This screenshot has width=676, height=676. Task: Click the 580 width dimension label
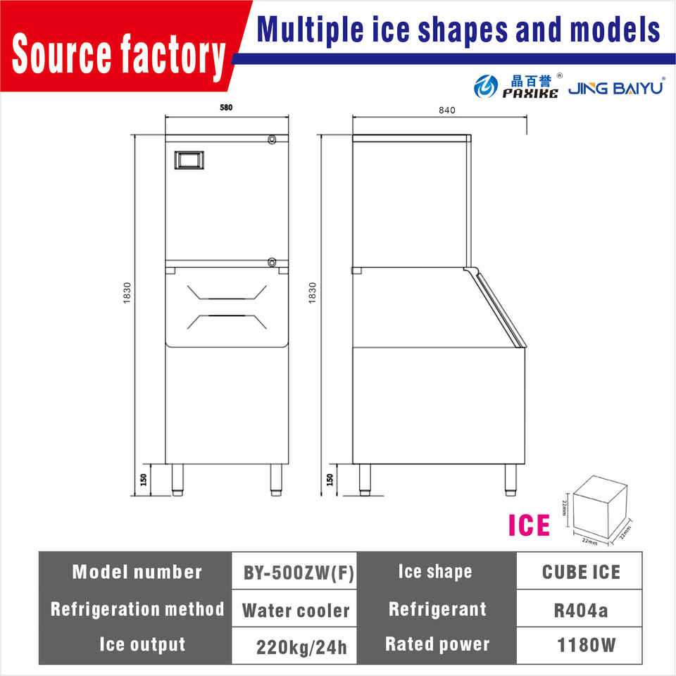coord(226,108)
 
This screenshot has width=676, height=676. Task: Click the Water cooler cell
coord(296,610)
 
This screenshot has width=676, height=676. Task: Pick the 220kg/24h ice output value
coord(302,646)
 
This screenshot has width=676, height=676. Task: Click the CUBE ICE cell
coord(581,572)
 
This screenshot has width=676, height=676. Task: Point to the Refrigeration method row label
coord(137,609)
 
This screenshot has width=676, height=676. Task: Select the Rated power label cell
coord(437,644)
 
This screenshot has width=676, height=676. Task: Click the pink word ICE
coord(530,525)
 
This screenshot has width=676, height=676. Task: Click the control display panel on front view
coord(190,159)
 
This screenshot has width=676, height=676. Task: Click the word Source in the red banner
coord(63,54)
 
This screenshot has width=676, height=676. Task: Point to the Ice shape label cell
coord(434,572)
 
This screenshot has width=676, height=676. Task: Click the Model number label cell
coord(137,572)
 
